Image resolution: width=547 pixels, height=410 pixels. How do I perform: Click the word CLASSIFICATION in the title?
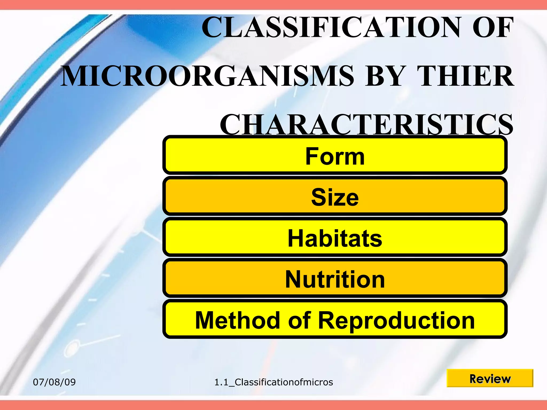(x=331, y=27)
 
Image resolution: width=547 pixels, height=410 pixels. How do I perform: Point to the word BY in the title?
(x=385, y=77)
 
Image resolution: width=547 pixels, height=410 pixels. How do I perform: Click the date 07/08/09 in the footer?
(x=54, y=382)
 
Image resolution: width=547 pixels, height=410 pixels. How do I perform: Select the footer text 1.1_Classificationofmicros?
(x=273, y=382)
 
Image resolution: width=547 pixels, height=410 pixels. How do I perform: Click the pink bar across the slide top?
(x=273, y=5)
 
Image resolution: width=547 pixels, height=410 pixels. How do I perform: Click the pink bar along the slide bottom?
(x=273, y=405)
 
